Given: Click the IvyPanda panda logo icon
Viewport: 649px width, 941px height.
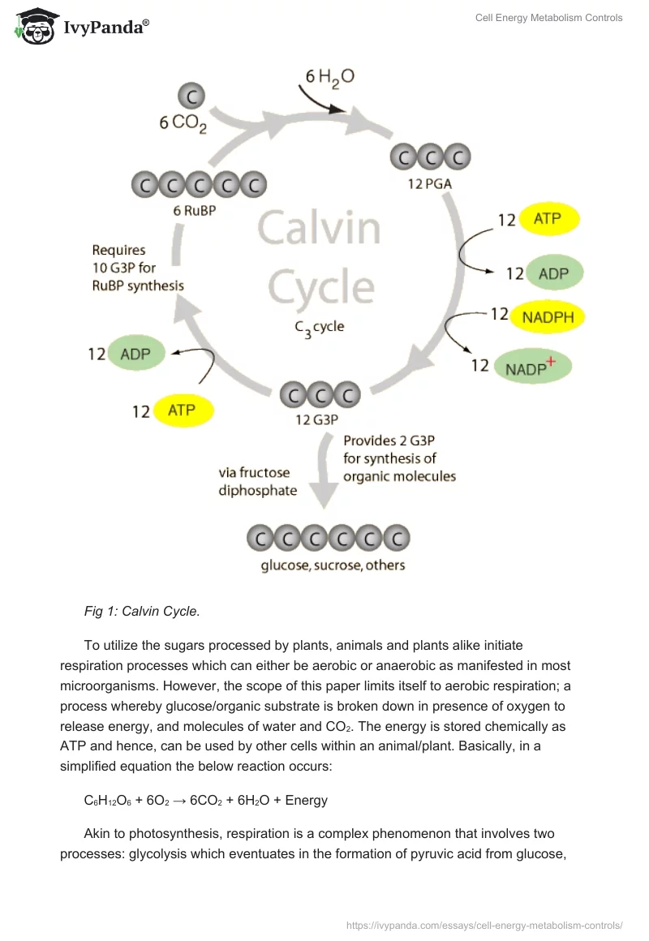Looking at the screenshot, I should [x=35, y=27].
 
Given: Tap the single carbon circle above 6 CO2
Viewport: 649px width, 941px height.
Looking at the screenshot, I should [x=192, y=97].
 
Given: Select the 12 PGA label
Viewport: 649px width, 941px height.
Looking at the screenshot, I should [x=430, y=184].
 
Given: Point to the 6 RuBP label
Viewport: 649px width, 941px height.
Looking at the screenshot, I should [x=195, y=209].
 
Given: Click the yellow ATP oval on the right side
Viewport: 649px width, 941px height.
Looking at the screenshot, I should [x=552, y=219].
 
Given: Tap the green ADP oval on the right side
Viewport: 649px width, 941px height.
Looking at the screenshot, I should [x=554, y=273].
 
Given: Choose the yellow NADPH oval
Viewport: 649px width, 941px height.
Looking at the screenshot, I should [x=548, y=317].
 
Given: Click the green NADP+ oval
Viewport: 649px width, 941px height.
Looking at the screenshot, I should [x=532, y=367].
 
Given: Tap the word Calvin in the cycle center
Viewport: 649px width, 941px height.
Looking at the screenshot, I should [x=319, y=229].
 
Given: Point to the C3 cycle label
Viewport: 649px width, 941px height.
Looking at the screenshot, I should [x=319, y=328].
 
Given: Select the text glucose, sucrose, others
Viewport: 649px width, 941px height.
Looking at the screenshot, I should [x=333, y=565].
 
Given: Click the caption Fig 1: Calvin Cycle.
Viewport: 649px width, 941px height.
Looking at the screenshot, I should [x=142, y=611].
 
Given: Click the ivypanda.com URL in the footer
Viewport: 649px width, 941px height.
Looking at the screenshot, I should [x=484, y=924].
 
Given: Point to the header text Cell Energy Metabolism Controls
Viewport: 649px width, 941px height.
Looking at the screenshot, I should [x=548, y=18].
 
